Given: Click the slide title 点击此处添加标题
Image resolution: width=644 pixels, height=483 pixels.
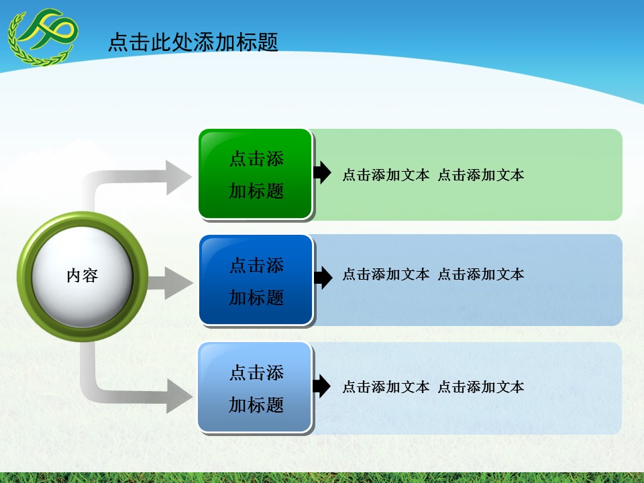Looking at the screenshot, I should click(193, 43).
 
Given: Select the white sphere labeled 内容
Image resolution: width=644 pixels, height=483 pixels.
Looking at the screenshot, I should click(83, 276).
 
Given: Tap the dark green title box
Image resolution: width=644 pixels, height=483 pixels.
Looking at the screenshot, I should click(256, 174).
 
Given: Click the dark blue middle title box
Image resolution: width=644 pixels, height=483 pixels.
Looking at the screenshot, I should click(256, 280).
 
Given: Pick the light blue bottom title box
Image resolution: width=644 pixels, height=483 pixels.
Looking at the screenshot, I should click(256, 387).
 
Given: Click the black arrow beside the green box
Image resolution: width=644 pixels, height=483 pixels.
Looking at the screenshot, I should click(323, 172).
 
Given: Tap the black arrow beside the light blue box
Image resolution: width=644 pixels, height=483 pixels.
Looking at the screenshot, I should click(323, 386).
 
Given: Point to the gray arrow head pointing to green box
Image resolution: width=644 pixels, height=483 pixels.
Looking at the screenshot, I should click(178, 178).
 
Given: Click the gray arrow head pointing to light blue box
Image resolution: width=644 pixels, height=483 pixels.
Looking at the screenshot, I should click(178, 395).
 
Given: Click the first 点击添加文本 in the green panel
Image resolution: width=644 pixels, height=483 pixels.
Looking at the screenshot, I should click(386, 176).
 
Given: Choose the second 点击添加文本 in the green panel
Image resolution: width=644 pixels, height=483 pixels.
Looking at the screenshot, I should click(481, 176).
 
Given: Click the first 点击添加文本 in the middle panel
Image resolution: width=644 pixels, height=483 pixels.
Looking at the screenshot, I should click(386, 274).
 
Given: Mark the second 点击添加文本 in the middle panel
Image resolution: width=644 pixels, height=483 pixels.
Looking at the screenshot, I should click(481, 274).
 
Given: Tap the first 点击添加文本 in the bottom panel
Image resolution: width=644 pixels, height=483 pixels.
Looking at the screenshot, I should click(386, 387).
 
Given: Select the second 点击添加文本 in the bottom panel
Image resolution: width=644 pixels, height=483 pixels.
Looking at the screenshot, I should click(481, 387).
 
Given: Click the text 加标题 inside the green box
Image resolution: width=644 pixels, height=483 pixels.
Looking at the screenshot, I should click(256, 191).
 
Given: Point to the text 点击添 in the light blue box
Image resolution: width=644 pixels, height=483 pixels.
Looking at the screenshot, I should click(256, 372).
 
